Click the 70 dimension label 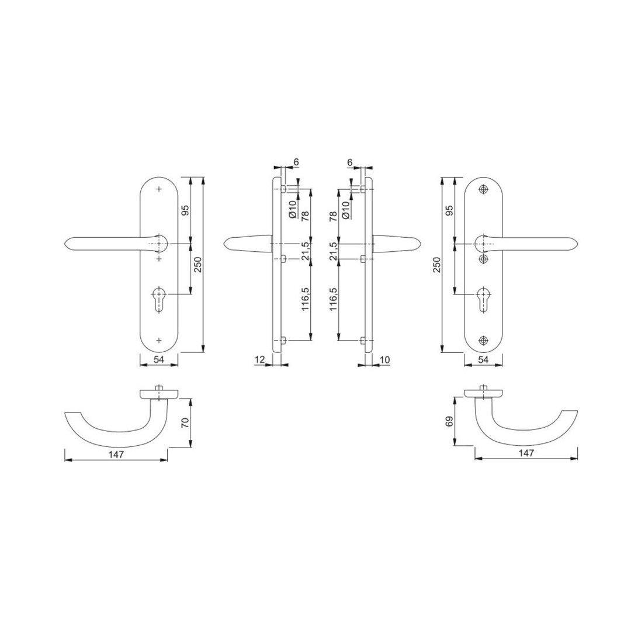pyautogui.click(x=186, y=422)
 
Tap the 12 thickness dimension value pyautogui.click(x=259, y=359)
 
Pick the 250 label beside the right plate pyautogui.click(x=437, y=265)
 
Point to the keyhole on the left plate pyautogui.click(x=160, y=299)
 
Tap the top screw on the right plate pyautogui.click(x=483, y=189)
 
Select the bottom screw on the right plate pyautogui.click(x=483, y=341)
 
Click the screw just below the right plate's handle pyautogui.click(x=483, y=259)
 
